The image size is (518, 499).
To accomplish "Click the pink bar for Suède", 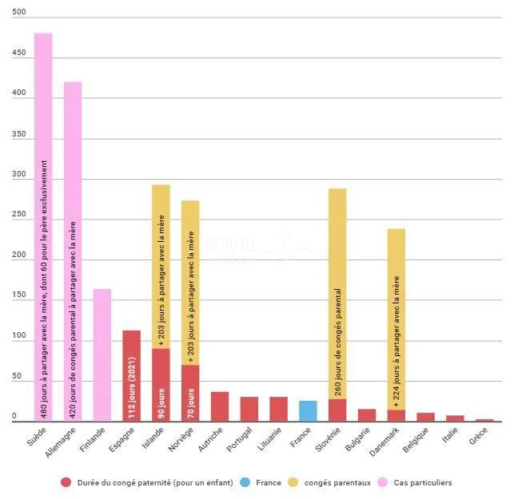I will pos(43,227).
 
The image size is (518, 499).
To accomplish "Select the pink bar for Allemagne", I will pos(73,251).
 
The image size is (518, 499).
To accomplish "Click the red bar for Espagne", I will pos(131,375).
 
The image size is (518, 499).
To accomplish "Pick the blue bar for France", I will pos(308,410).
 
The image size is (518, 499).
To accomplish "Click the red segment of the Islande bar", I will pos(161,384).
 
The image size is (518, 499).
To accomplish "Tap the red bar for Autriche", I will pos(220,406).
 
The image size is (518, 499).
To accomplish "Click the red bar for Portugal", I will pos(249,408).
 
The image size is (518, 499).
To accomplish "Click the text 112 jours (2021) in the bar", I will pos(131,389).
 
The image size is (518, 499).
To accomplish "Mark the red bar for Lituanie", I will pos(278,408).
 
